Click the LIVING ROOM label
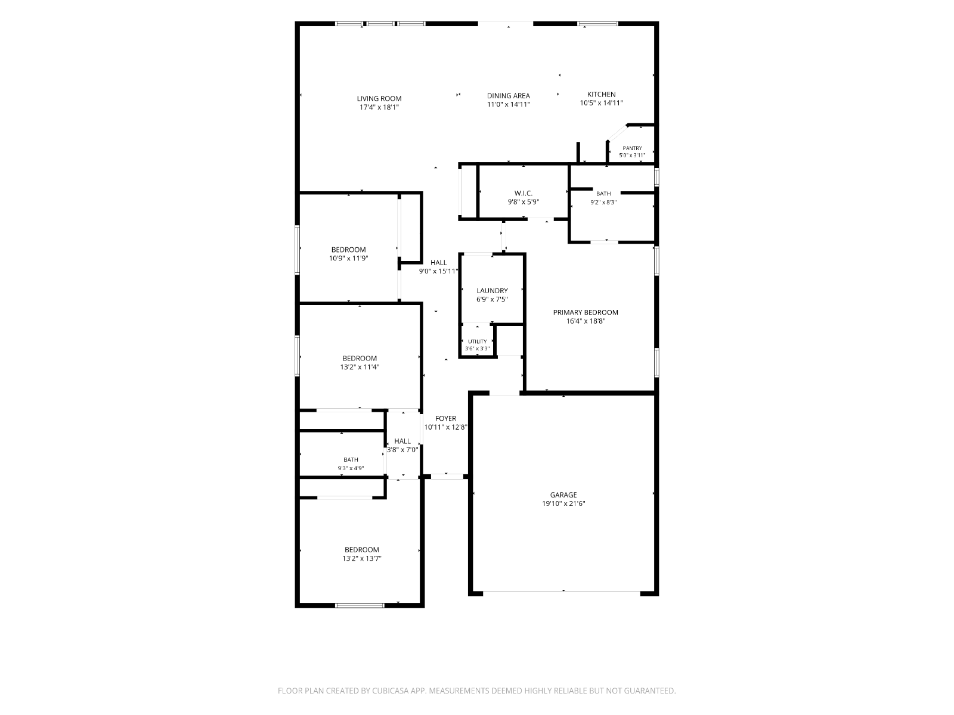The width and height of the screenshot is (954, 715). pos(379,98)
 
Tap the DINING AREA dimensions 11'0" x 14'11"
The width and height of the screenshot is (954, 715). pos(508,104)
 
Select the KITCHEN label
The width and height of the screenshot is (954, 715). pos(601,94)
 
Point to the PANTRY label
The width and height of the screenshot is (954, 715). pos(632,148)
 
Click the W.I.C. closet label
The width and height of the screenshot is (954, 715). pos(524,193)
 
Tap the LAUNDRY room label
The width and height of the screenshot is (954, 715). pos(492,290)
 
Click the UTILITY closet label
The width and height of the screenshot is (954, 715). pos(477,341)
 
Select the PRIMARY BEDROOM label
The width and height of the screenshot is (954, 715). pos(586,312)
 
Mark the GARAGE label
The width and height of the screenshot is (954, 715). pos(563,495)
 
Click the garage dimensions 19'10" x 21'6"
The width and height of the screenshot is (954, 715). pos(563,503)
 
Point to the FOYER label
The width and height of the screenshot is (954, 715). pos(445,418)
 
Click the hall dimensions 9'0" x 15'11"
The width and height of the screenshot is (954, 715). pos(438,271)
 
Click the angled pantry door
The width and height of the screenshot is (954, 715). pos(617,133)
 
